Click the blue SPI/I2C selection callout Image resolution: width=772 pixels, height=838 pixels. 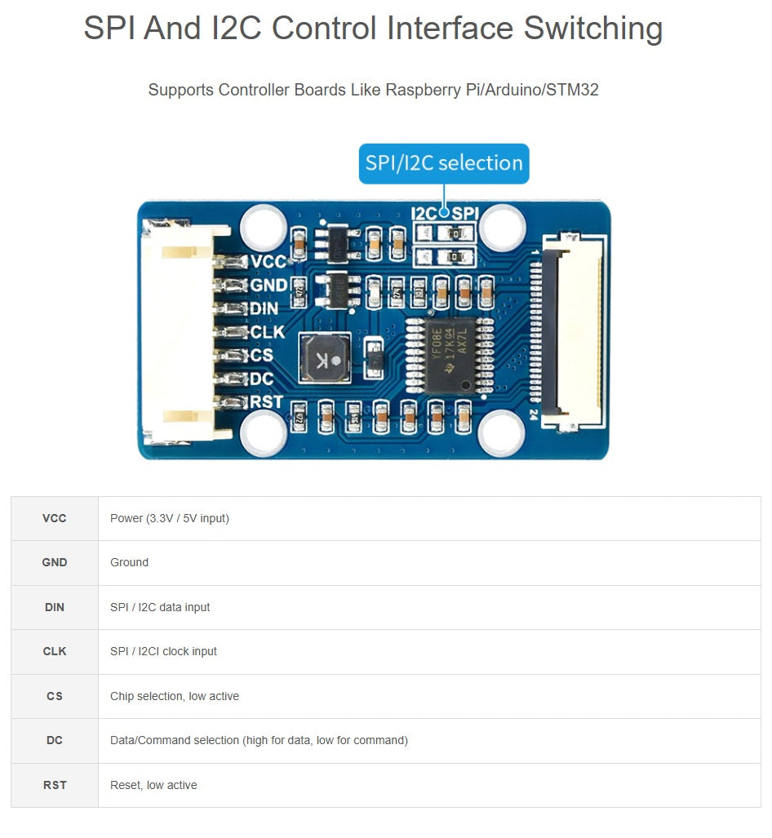click(x=444, y=163)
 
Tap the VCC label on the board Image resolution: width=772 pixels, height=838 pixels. click(x=269, y=261)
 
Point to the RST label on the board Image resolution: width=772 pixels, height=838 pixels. click(x=267, y=401)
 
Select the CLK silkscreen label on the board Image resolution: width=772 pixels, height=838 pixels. click(x=268, y=332)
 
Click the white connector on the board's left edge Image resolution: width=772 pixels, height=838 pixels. click(x=177, y=333)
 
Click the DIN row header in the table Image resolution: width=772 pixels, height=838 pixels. click(x=55, y=607)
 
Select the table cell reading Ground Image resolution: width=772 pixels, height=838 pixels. click(x=130, y=562)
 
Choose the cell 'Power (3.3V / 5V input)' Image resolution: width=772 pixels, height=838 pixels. click(x=170, y=518)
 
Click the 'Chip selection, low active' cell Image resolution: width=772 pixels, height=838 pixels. click(x=175, y=696)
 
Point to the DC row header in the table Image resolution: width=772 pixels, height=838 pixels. click(x=55, y=740)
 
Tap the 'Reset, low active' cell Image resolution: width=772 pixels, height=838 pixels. click(x=153, y=785)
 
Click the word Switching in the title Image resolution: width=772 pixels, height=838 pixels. click(x=593, y=29)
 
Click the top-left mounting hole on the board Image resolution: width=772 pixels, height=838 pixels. click(x=264, y=226)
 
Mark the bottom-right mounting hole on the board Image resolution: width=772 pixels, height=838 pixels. click(x=501, y=433)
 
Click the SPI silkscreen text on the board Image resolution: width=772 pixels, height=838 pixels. click(x=465, y=214)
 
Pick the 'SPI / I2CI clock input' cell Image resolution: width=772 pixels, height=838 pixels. click(x=163, y=651)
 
